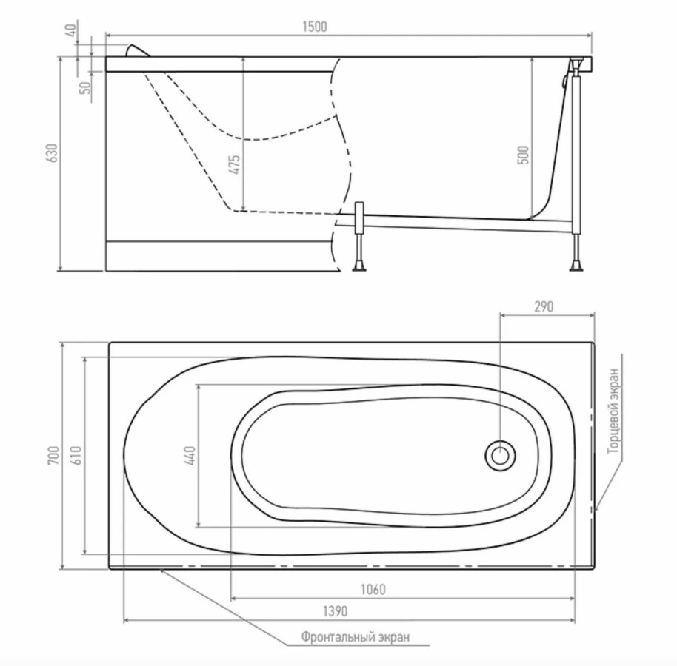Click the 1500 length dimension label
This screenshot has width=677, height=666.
click(314, 27)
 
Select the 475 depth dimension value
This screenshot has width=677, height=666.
click(235, 164)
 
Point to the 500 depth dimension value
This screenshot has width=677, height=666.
click(523, 155)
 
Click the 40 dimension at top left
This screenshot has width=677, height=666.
click(71, 30)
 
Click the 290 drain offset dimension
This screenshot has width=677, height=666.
click(544, 306)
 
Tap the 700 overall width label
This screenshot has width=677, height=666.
click(53, 456)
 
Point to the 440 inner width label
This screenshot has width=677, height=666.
click(190, 456)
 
